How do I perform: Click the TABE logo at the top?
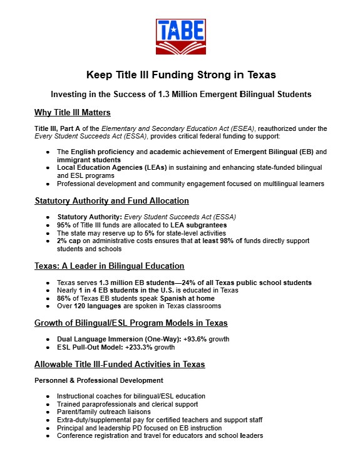(180, 36)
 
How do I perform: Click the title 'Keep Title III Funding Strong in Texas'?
(181, 75)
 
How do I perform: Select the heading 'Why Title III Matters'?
(73, 113)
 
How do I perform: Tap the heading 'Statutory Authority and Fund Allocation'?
(111, 201)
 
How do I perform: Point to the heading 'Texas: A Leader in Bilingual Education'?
(109, 266)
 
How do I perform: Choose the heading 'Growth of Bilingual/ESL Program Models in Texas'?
(131, 323)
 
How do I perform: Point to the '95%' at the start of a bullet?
(63, 225)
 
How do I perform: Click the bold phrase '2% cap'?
(69, 241)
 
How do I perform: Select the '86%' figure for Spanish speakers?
(63, 298)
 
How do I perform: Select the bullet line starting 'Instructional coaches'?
(131, 397)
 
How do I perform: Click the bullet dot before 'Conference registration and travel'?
(49, 436)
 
